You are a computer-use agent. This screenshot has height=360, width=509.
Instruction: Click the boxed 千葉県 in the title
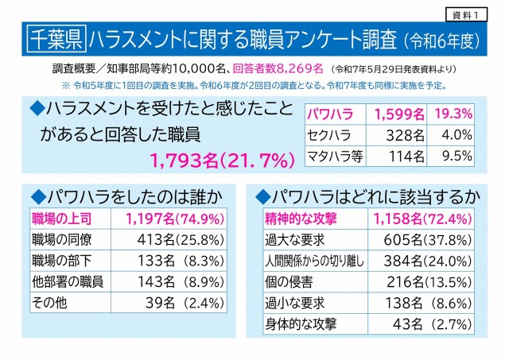tap(54, 37)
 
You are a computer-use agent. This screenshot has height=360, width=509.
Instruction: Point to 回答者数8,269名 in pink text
tap(280, 68)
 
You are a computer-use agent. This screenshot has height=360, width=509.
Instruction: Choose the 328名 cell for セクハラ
tap(398, 134)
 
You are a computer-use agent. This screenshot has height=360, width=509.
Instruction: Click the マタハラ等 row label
tap(336, 156)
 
